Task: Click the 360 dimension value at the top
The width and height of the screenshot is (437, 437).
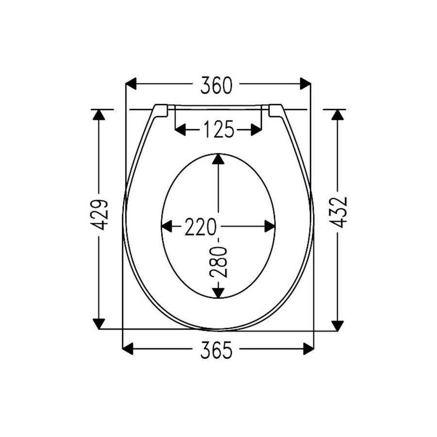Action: pos(218,85)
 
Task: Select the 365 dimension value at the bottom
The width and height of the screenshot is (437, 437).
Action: pos(218,350)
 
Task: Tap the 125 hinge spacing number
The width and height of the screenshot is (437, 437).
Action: pos(218,130)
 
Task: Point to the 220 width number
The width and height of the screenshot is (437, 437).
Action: pos(200,227)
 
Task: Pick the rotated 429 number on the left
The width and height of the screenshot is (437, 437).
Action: pos(100,214)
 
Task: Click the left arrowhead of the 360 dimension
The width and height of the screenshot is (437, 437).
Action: pos(131,84)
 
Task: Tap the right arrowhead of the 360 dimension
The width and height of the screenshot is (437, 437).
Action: pos(305,84)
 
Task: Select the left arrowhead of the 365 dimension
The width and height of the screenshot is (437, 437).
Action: pos(128,348)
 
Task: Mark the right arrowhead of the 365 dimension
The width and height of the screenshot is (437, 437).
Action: pos(308,348)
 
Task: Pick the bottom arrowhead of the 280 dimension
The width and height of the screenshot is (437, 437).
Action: pos(218,291)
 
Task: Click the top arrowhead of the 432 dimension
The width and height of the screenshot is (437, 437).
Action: pos(337,115)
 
